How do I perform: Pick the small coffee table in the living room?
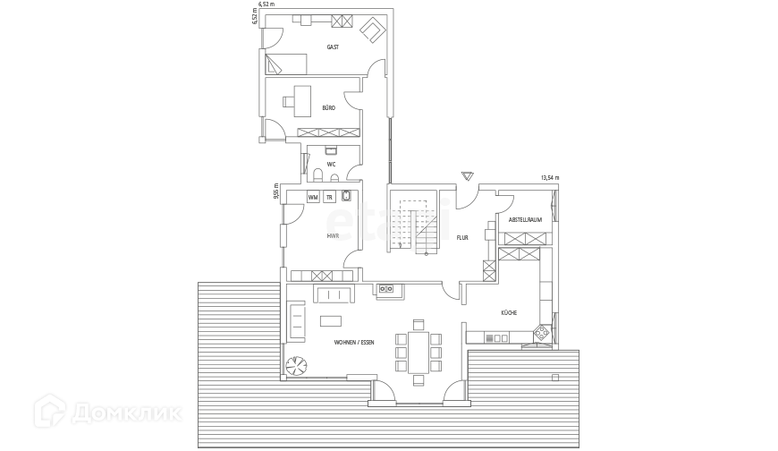coord(331,319)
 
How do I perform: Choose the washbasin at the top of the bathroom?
coord(329,151)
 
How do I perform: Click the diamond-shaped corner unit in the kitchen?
coord(542,335)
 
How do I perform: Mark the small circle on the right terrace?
coord(555,377)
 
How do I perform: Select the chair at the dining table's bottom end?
coord(418,379)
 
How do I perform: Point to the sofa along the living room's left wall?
coord(296,320)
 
